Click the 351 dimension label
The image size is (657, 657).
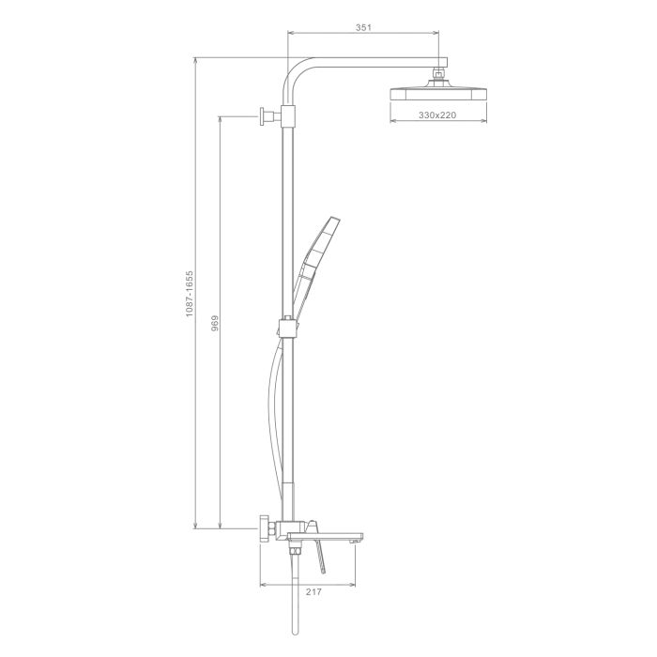point(363,27)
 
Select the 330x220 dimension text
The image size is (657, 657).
point(437,115)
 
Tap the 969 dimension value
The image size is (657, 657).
point(215,324)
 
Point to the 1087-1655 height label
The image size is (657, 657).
point(190,294)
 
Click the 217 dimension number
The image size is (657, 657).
point(313,591)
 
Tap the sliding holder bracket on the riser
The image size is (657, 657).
point(287,328)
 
